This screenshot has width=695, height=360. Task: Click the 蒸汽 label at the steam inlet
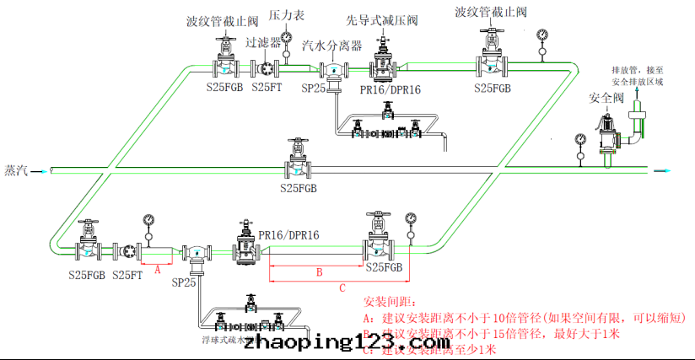coord(16,169)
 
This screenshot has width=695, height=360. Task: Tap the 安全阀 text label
coord(606,99)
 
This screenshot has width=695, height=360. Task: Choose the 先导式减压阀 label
coord(384,19)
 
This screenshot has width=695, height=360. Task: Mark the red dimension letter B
coord(319,272)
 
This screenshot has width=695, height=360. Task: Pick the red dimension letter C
coord(342,287)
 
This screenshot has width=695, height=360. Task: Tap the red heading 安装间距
coord(390,302)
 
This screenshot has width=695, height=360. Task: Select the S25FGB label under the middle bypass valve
coord(299,188)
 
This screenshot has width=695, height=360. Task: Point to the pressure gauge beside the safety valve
coord(579,141)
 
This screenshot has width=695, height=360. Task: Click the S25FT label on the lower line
coord(128,274)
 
